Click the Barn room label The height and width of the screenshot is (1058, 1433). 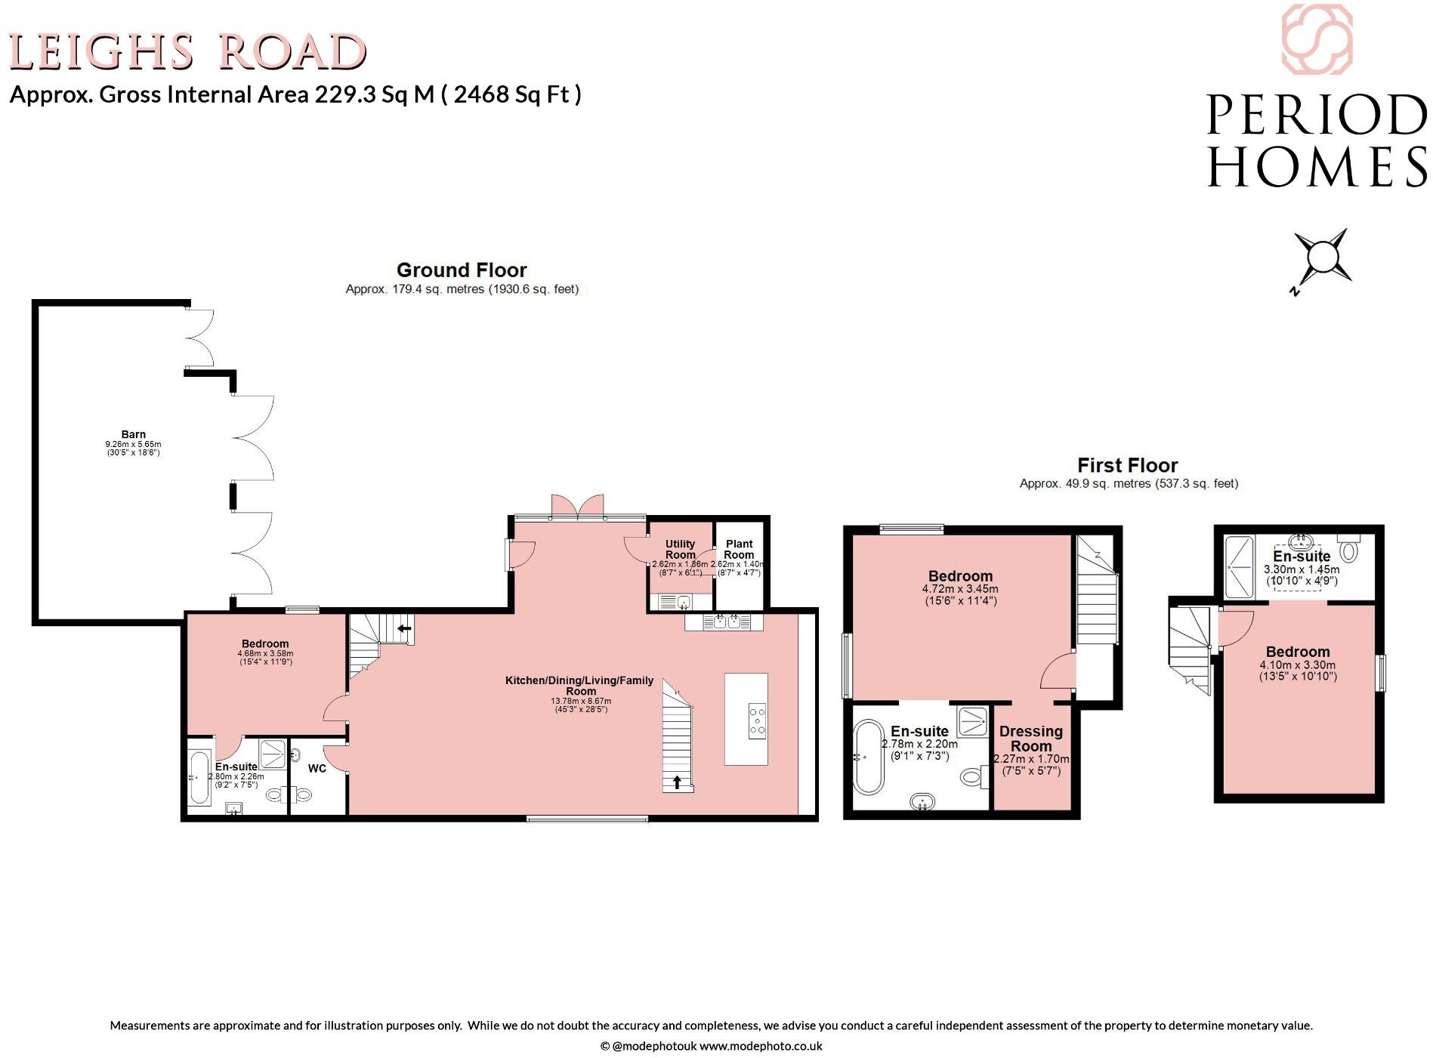tap(134, 434)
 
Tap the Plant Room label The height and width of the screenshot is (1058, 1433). tap(739, 549)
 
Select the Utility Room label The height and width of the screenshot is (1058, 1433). tap(680, 549)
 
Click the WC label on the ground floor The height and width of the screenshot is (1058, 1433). tap(317, 769)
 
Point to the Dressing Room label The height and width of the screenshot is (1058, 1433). tap(1030, 739)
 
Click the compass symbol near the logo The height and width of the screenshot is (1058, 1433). tap(1322, 257)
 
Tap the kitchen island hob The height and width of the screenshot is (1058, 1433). tap(756, 720)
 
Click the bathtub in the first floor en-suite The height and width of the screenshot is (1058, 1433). tap(869, 757)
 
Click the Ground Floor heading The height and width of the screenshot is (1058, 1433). tap(462, 270)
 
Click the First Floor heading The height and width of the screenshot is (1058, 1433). tap(1127, 465)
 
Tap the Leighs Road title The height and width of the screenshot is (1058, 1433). tap(187, 52)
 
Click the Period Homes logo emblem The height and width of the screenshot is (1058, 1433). tap(1317, 39)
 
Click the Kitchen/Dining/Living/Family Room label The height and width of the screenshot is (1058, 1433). tap(579, 686)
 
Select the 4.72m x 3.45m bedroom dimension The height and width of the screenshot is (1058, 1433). tap(960, 589)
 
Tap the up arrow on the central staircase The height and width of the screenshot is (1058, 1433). tap(677, 782)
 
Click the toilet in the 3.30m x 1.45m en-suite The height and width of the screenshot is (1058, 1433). tap(1349, 549)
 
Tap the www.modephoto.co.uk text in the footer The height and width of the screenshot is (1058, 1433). tap(760, 1046)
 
